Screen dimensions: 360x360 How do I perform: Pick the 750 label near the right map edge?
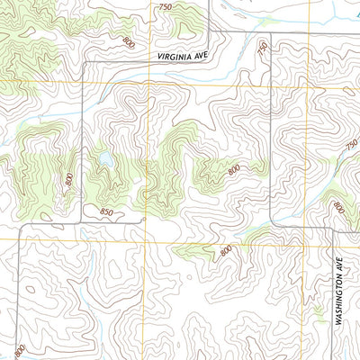coord(351,144)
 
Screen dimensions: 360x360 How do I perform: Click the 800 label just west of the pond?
coord(69,178)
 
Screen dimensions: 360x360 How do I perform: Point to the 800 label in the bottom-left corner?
coord(18,349)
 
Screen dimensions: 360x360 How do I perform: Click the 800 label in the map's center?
coord(234,169)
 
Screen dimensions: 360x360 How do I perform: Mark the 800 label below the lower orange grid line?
coord(225,249)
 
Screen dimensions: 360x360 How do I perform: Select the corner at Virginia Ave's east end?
coord(212,32)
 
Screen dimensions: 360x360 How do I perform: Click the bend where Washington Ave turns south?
coord(334,229)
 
